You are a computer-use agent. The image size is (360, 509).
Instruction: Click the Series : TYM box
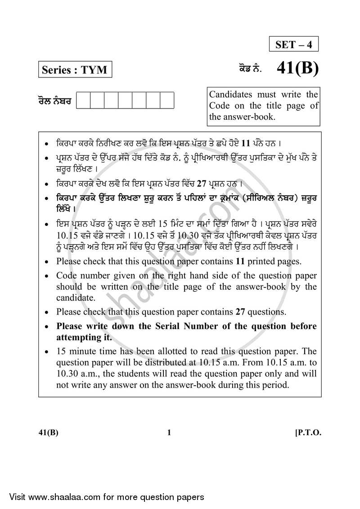pyautogui.click(x=74, y=70)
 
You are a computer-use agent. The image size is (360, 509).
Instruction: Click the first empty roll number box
pyautogui.click(x=83, y=100)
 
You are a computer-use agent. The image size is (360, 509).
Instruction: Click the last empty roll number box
pyautogui.click(x=167, y=100)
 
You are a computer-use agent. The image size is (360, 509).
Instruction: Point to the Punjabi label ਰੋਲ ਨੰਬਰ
pyautogui.click(x=54, y=101)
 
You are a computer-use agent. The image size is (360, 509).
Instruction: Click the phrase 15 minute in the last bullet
pyautogui.click(x=74, y=351)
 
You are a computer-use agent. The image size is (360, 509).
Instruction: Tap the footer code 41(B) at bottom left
pyautogui.click(x=48, y=433)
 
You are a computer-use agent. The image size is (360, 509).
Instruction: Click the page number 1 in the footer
pyautogui.click(x=169, y=433)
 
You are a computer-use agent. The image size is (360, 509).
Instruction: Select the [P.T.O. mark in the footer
pyautogui.click(x=308, y=433)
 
